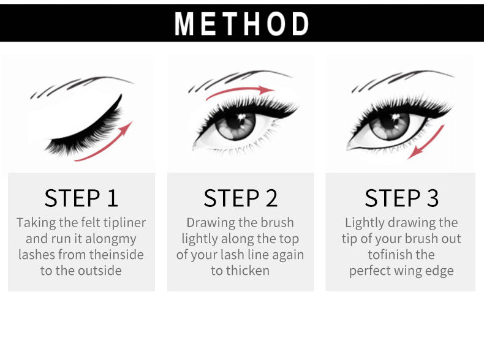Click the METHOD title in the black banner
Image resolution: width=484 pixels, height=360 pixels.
point(242,24)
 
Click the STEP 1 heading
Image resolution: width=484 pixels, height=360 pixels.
point(81,198)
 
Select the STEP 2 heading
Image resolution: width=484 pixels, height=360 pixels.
point(241,198)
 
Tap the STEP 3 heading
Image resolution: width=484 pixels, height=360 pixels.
point(401,198)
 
